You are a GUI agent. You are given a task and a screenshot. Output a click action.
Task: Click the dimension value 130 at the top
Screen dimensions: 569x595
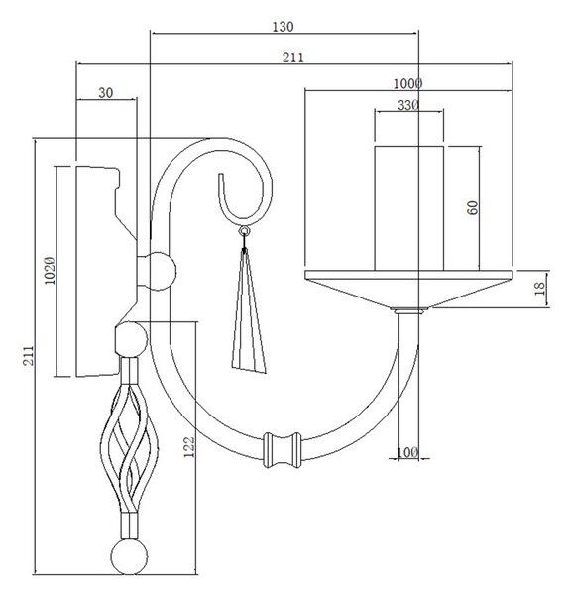(x=283, y=27)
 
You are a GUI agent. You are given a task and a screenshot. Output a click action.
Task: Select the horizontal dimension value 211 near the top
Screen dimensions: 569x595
(x=292, y=58)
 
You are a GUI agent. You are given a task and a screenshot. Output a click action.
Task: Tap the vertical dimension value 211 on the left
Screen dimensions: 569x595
(x=29, y=356)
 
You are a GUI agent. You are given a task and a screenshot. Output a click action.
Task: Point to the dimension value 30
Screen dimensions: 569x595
(x=106, y=92)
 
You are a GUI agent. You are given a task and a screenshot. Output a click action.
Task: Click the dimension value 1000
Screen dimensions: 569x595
(x=407, y=84)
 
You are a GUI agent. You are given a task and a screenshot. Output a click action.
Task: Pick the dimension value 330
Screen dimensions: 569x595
(x=408, y=105)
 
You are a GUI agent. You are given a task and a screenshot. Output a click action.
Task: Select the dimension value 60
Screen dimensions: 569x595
(x=472, y=208)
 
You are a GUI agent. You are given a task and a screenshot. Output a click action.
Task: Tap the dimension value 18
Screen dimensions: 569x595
(x=539, y=289)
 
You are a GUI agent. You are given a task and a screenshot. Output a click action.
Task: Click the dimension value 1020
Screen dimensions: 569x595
(x=50, y=271)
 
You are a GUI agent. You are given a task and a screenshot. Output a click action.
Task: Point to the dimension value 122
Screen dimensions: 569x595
(x=189, y=447)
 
